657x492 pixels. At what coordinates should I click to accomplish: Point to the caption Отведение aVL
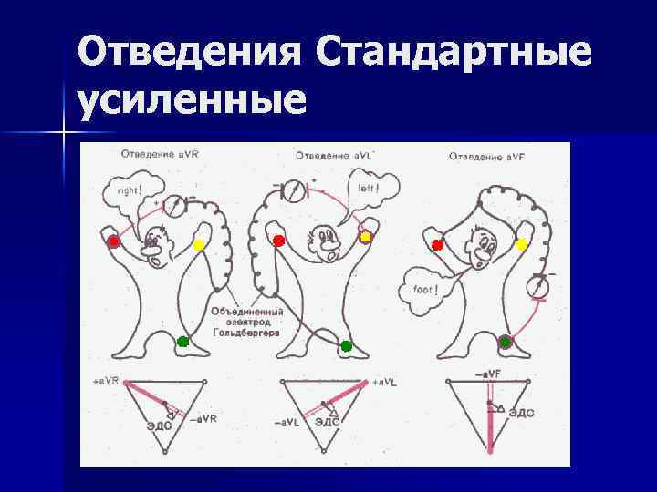point(328,157)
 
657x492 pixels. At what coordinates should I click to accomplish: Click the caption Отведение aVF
point(484,157)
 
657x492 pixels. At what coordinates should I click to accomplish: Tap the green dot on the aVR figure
point(182,342)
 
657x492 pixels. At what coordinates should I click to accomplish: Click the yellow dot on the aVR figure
point(199,245)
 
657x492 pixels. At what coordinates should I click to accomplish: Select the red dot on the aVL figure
point(279,241)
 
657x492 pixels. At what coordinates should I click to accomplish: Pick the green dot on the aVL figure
point(346,346)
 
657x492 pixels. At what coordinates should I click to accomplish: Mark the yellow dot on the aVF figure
point(522,244)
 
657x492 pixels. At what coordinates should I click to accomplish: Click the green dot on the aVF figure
point(506,342)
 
